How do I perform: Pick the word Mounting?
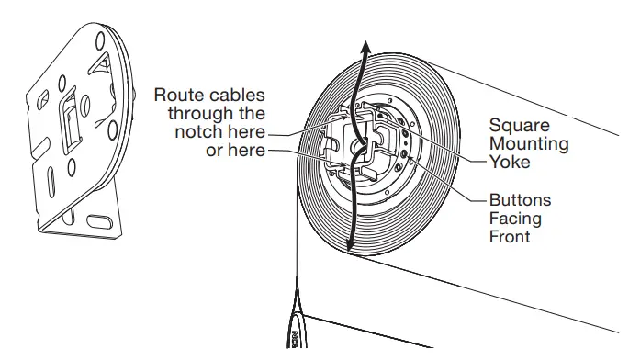pos(528,143)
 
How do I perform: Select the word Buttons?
pos(519,199)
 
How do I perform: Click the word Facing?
pos(513,218)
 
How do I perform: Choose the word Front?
pos(510,236)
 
